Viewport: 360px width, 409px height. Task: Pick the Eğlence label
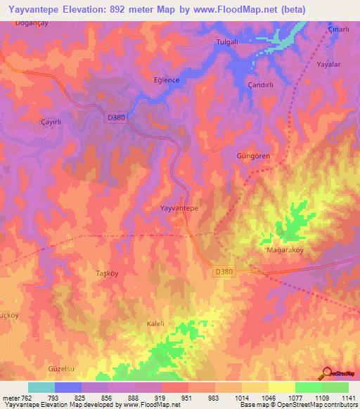[167, 80]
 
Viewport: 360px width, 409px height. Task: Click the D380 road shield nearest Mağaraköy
[222, 271]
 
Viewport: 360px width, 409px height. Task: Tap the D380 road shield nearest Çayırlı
[117, 119]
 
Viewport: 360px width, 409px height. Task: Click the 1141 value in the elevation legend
[347, 398]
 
